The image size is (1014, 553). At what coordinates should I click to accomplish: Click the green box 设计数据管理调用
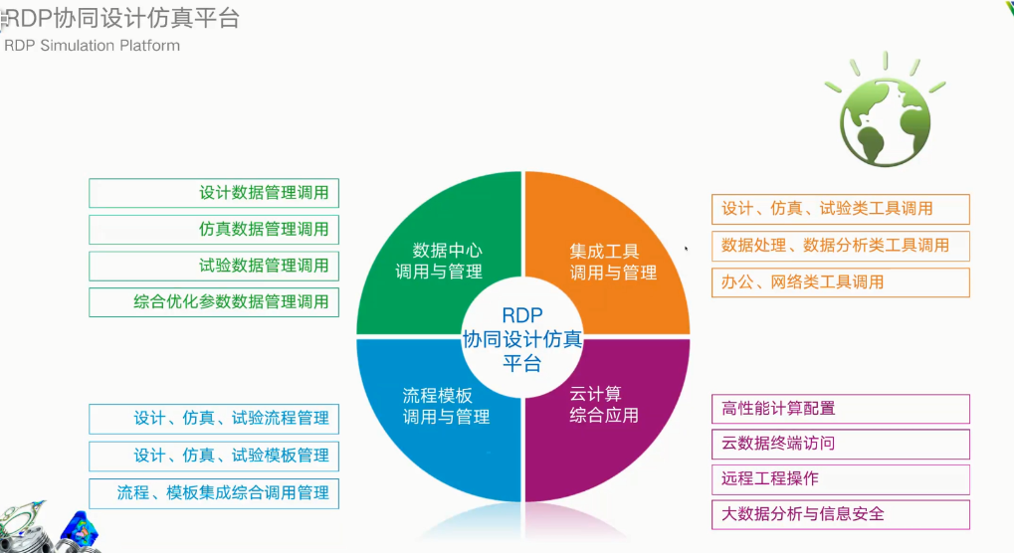(213, 193)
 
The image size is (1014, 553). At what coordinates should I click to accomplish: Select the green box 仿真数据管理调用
(213, 230)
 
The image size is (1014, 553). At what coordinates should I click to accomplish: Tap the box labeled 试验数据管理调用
(213, 266)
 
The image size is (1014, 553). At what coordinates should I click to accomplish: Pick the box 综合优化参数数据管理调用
(213, 302)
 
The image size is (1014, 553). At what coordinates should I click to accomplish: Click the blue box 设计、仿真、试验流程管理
(213, 419)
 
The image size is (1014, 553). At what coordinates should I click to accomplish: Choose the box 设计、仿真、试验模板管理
(213, 456)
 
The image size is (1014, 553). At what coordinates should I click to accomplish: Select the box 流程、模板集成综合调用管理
(213, 492)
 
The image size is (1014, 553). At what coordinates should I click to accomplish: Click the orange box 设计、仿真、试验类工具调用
(840, 209)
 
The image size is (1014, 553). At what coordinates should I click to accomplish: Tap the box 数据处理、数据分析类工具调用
(840, 246)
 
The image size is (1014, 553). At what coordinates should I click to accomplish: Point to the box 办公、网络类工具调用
(840, 282)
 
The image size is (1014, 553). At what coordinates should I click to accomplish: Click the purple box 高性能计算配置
(840, 409)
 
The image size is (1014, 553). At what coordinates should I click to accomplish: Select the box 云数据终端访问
(840, 444)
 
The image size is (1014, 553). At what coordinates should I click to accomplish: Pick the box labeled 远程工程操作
(840, 478)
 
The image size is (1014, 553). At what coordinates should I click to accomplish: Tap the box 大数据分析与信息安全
(840, 514)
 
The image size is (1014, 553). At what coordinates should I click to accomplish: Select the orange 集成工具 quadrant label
(613, 262)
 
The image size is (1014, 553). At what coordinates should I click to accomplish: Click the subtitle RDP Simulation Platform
(93, 46)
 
